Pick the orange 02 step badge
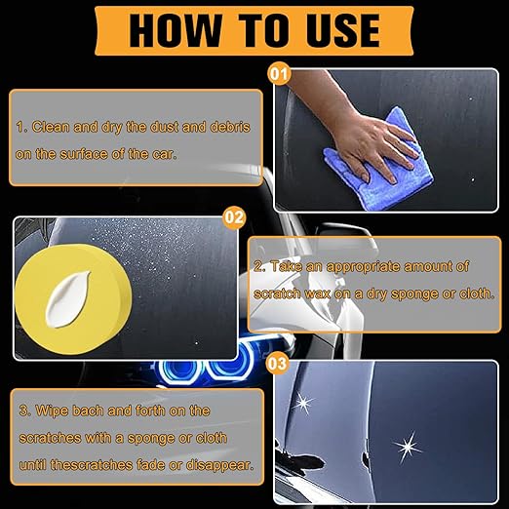pyautogui.click(x=233, y=218)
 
